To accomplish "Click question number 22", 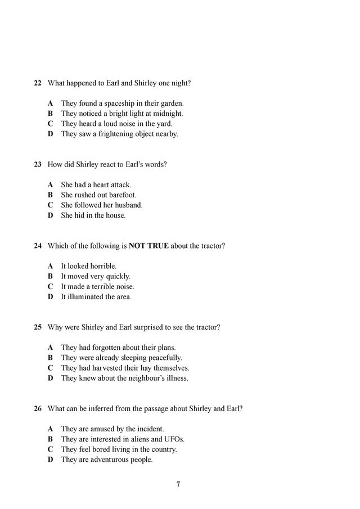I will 38,83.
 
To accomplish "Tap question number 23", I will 38,164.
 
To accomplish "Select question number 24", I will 38,246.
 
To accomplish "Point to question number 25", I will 38,327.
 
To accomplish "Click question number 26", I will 38,408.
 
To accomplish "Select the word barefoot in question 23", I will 122,195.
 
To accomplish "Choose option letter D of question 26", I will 50,460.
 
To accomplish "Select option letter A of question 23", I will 50,184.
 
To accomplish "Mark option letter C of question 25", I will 50,368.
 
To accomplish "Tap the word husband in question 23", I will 129,205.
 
